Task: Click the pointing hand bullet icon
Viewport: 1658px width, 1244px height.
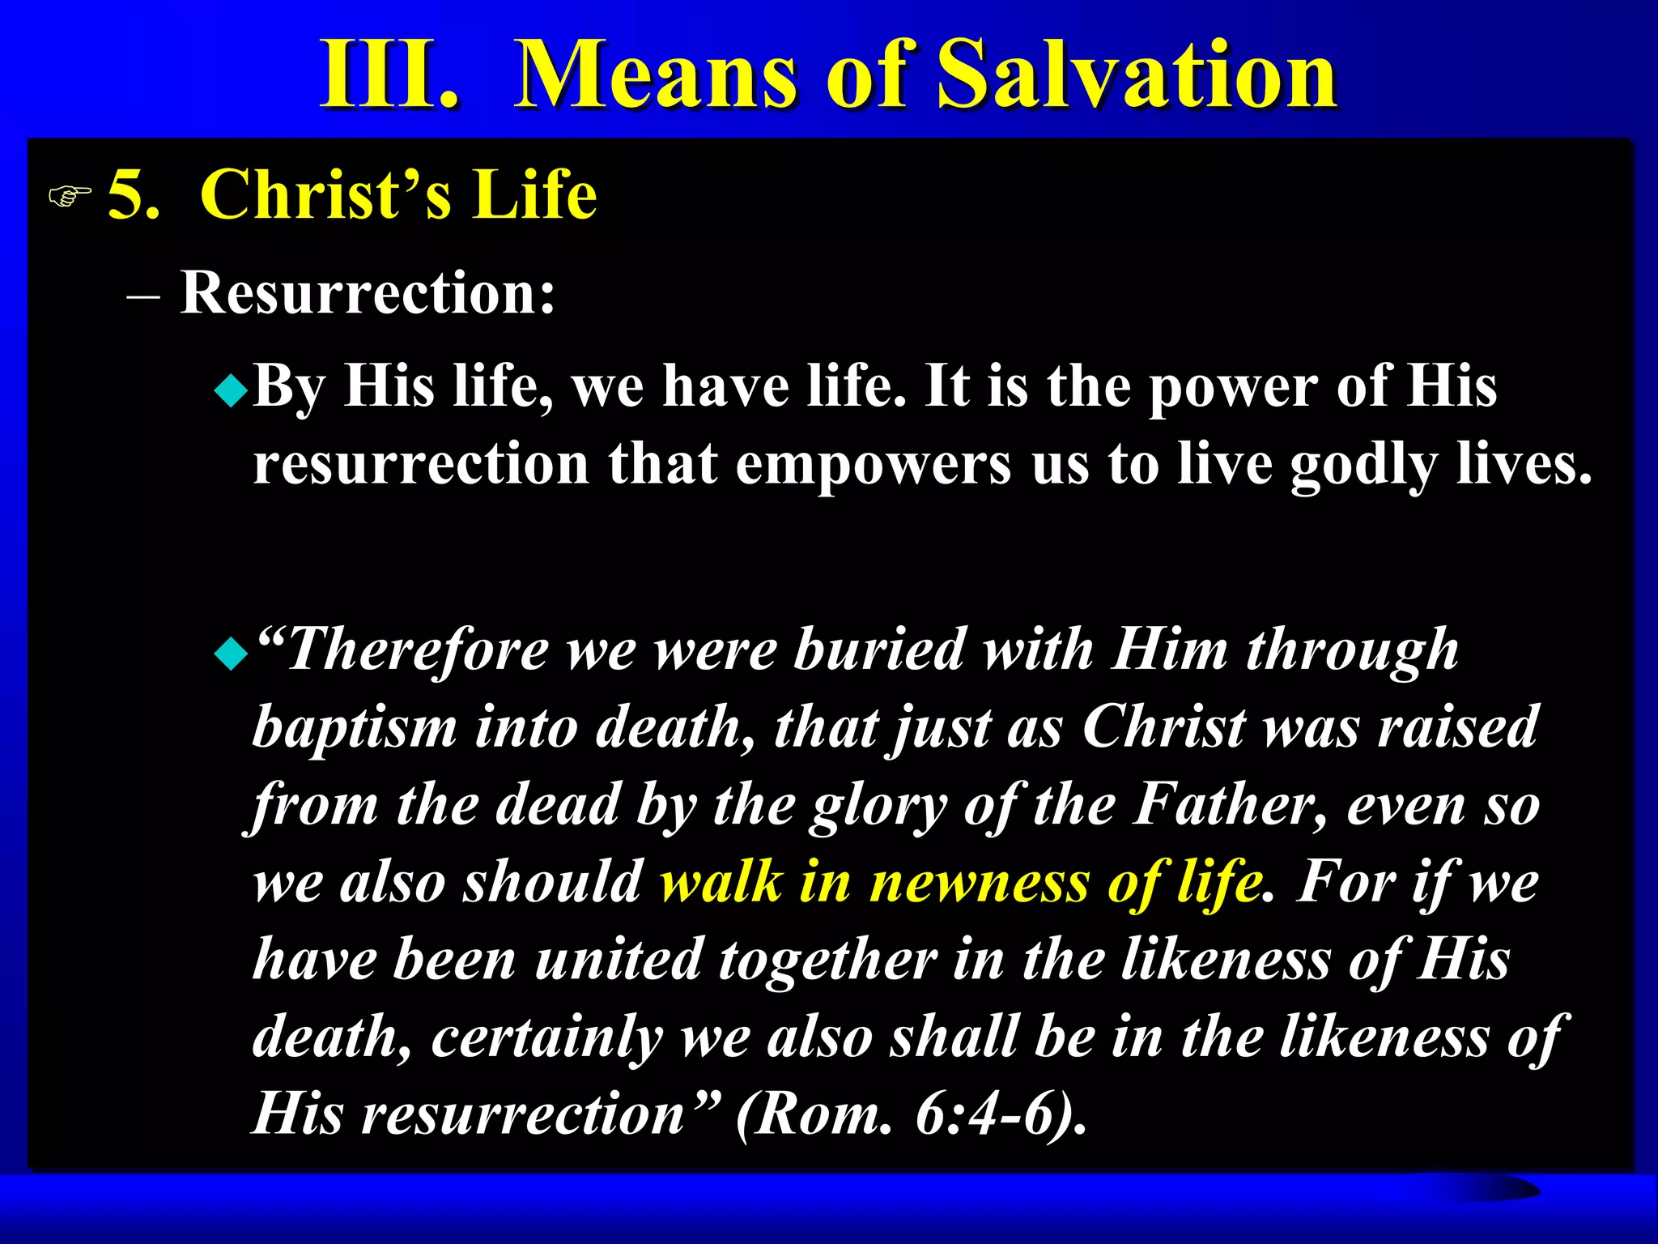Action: tap(70, 196)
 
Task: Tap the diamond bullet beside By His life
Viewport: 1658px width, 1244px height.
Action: tap(232, 393)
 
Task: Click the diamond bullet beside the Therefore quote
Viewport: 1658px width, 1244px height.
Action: tap(232, 654)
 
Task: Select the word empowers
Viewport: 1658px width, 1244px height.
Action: tap(873, 466)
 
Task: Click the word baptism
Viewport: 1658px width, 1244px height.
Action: tap(355, 727)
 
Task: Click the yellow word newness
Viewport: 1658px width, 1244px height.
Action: tap(980, 882)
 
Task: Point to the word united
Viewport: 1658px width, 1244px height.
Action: tap(618, 960)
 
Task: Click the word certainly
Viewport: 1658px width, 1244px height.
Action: tap(546, 1037)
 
